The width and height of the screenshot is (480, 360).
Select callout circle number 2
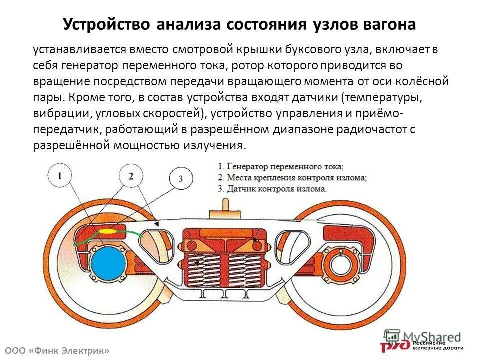click(131, 176)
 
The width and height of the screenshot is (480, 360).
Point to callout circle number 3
click(180, 179)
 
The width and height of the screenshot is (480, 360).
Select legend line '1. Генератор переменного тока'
click(281, 166)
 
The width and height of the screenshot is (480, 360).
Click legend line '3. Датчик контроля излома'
click(272, 189)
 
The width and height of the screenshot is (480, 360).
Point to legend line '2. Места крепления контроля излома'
click(292, 178)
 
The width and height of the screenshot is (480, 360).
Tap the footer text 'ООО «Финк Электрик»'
click(56, 351)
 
